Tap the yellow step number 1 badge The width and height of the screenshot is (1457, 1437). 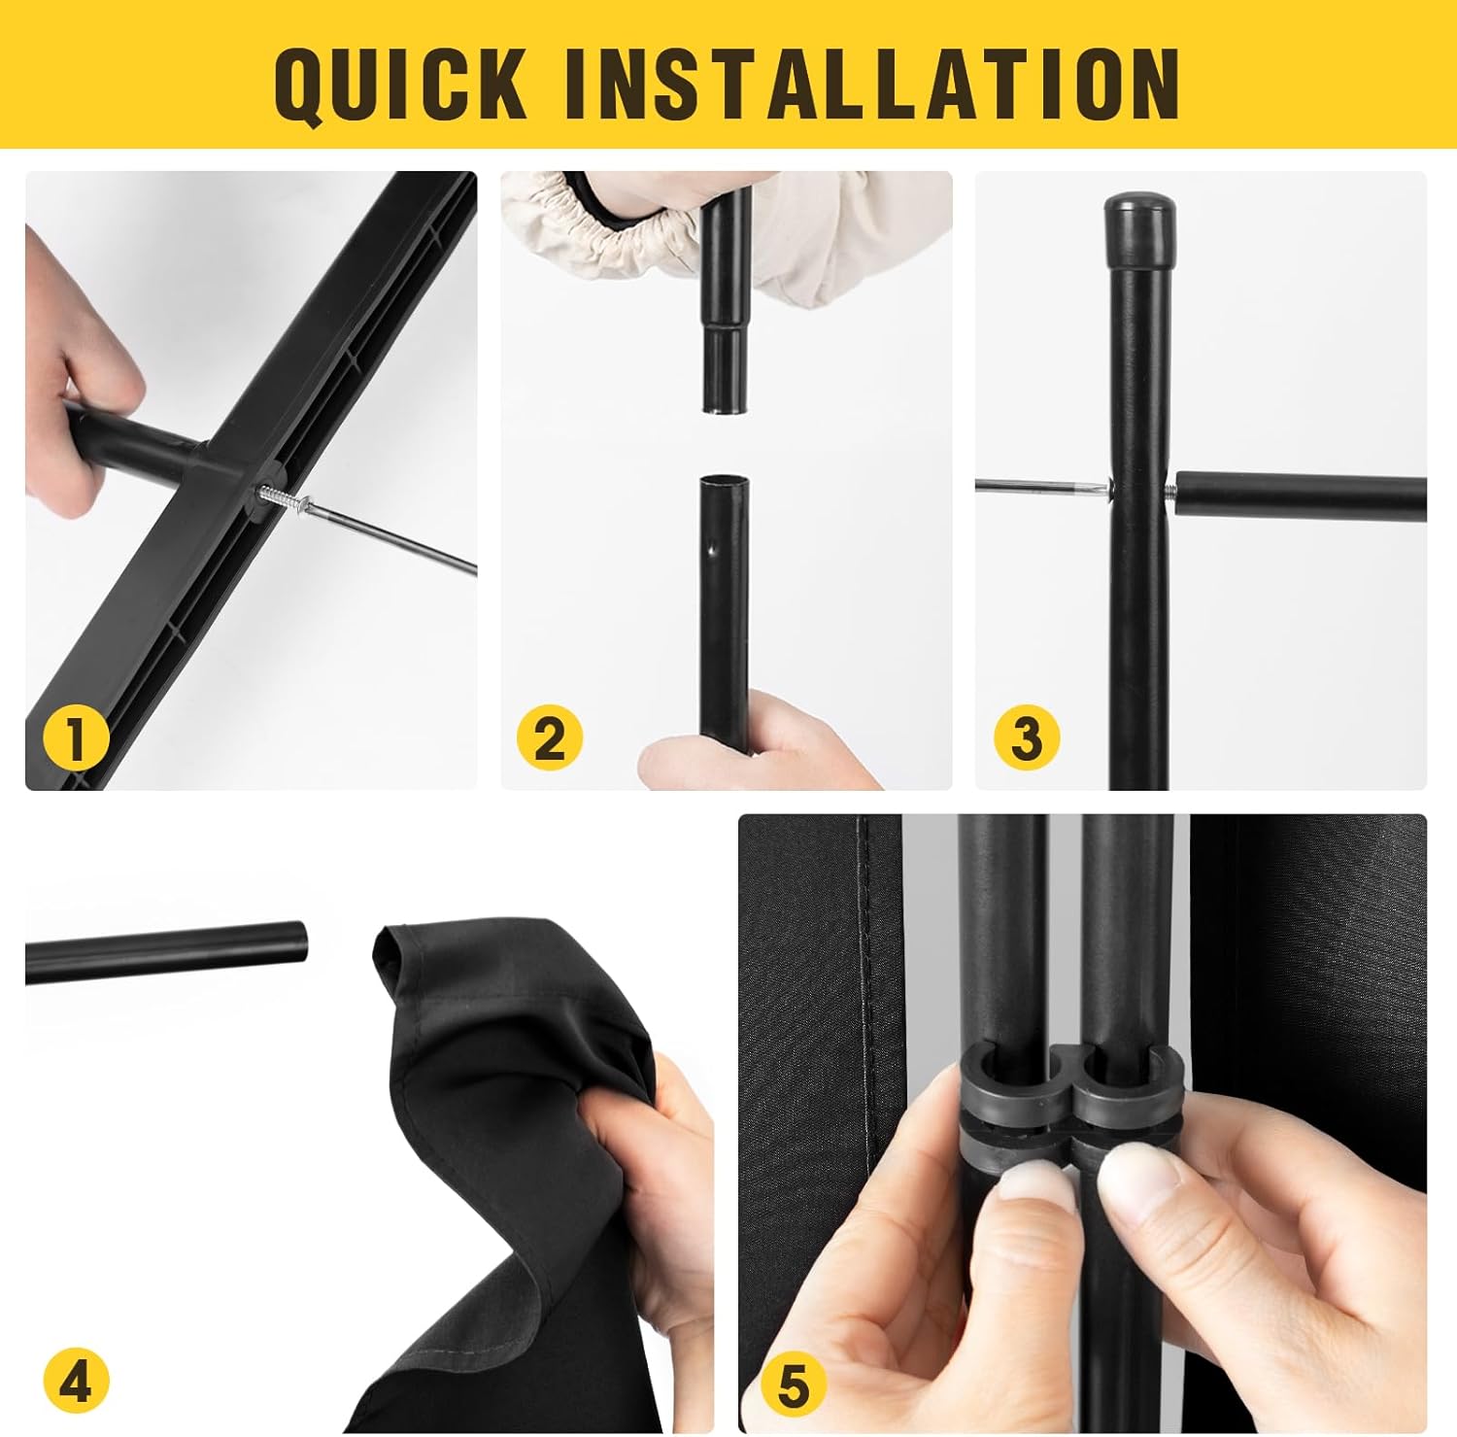pyautogui.click(x=76, y=738)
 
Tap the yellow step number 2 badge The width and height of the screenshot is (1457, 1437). pyautogui.click(x=549, y=738)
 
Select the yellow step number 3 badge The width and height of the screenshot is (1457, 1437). pyautogui.click(x=1027, y=738)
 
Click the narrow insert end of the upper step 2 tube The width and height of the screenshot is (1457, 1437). pyautogui.click(x=728, y=369)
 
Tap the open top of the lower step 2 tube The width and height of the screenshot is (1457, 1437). pyautogui.click(x=726, y=483)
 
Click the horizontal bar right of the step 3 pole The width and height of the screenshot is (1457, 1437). pyautogui.click(x=1302, y=496)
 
